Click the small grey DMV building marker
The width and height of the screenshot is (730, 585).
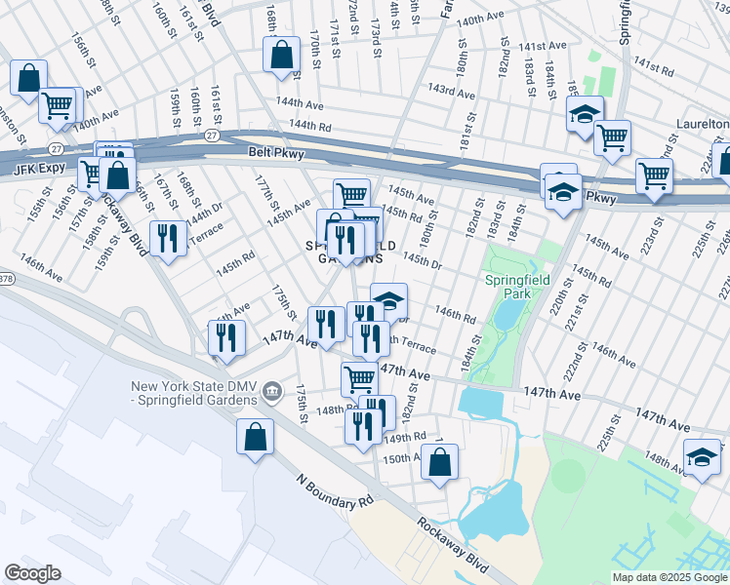click(272, 393)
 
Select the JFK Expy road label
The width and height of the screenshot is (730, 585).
click(37, 169)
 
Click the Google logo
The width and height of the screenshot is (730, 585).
click(32, 572)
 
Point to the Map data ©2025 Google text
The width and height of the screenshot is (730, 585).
click(669, 576)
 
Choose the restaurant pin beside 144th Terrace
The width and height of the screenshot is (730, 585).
click(169, 238)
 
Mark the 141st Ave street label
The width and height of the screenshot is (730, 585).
click(543, 46)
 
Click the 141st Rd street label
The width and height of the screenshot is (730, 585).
click(654, 65)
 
